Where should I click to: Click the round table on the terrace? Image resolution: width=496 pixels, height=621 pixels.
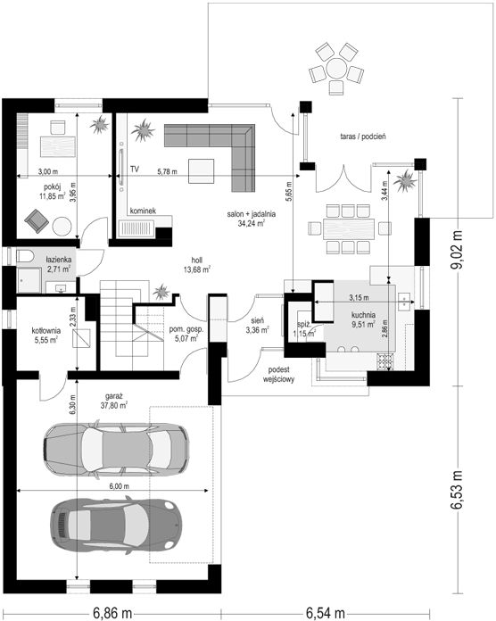click(x=336, y=69)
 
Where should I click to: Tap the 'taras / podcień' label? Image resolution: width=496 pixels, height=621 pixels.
click(x=363, y=137)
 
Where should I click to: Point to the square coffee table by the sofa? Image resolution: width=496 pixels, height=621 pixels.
click(x=202, y=171)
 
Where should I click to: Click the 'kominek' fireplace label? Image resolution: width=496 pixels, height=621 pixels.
click(x=143, y=211)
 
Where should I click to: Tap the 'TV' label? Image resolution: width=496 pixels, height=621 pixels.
click(x=135, y=170)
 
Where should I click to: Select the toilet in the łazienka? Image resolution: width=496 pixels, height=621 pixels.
click(x=24, y=256)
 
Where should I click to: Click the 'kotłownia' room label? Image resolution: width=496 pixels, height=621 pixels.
click(x=45, y=330)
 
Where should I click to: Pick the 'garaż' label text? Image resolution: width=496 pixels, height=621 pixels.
click(x=113, y=395)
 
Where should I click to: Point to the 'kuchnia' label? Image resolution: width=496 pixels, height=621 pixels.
click(x=363, y=315)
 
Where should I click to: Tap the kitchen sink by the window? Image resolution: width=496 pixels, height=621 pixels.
click(x=404, y=302)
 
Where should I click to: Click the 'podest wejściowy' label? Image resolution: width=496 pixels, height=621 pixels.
click(x=278, y=374)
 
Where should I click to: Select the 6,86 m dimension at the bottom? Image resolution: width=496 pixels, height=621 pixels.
click(x=112, y=613)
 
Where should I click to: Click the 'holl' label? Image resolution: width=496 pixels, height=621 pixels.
click(x=197, y=261)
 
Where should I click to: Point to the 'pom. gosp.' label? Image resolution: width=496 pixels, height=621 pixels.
click(x=186, y=329)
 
